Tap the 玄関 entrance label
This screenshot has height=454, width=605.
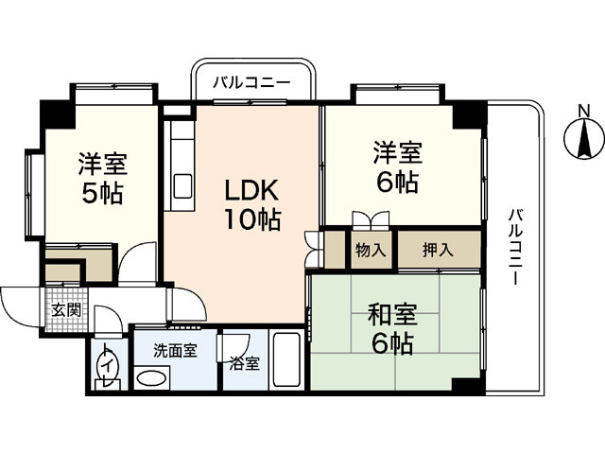coord(65,310)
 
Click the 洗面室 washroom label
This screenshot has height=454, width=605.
coord(175,350)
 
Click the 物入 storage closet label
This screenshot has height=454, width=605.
coord(370,251)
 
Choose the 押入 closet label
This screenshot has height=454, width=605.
coord(438,251)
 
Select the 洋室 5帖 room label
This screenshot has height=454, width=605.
coord(100,177)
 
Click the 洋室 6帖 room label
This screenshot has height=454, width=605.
coord(395,166)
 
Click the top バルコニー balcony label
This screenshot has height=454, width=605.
coord(251,83)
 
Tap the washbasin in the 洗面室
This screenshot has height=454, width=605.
coord(150,379)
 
